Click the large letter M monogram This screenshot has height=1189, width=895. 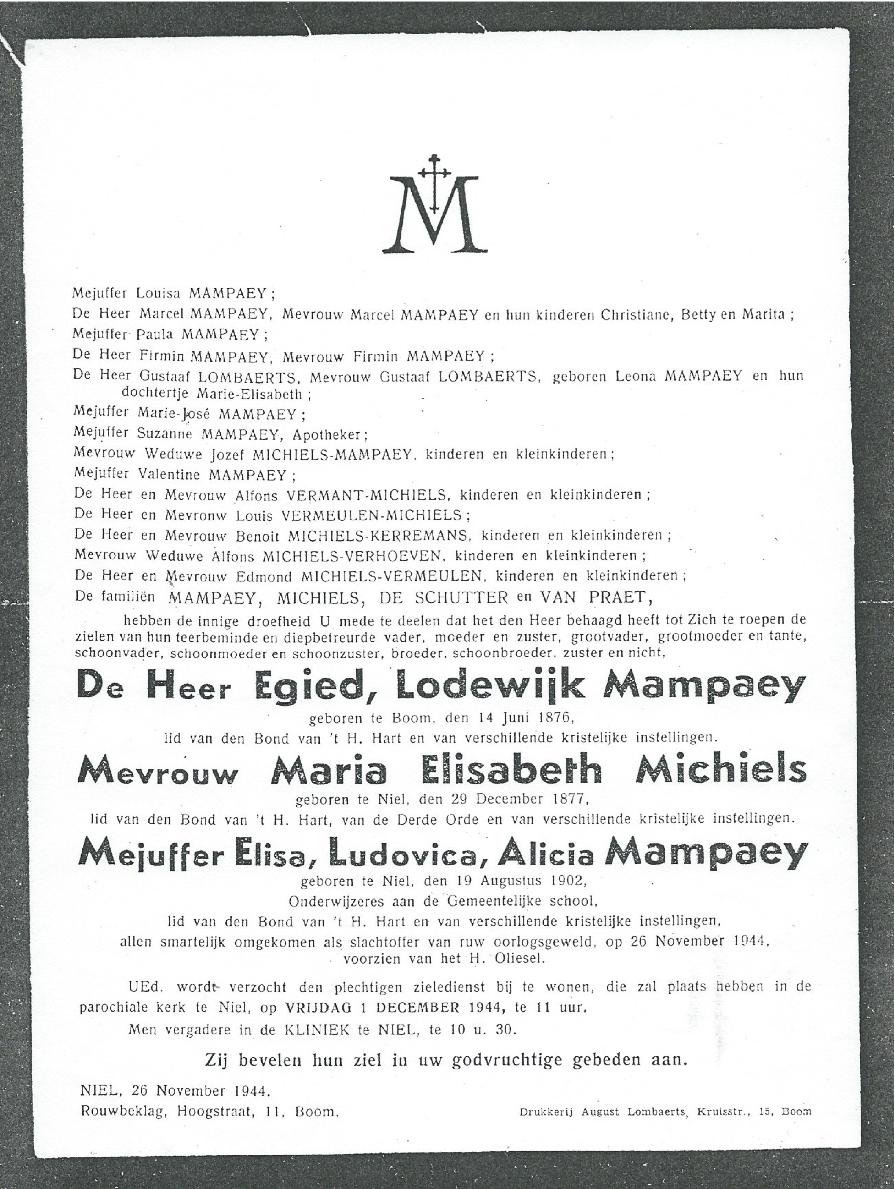click(x=434, y=215)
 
